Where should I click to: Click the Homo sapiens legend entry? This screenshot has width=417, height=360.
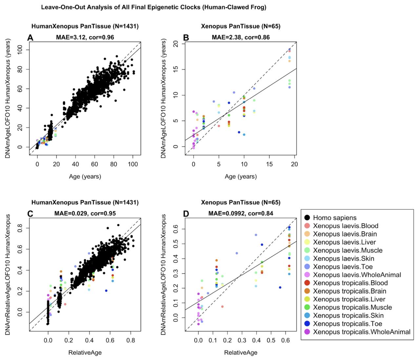(334, 218)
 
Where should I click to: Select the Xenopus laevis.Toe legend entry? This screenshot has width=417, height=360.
(343, 267)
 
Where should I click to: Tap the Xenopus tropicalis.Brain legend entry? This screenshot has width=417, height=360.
(349, 291)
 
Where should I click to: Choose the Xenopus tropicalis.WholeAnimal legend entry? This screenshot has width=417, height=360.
(362, 332)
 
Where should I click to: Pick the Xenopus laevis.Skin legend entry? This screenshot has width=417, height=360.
(344, 258)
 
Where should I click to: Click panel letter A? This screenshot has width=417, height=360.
(30, 38)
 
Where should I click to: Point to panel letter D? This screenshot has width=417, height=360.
(186, 214)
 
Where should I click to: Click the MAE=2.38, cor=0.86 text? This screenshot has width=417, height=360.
(241, 37)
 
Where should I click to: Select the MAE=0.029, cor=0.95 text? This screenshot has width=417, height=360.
(85, 213)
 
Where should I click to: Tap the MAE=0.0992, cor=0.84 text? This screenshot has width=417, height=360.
(241, 213)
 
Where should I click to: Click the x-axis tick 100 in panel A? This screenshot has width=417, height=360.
(133, 164)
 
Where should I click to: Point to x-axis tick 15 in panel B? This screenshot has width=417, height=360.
(269, 164)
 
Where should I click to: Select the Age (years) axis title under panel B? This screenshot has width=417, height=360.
(241, 176)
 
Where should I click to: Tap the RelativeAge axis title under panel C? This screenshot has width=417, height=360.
(85, 353)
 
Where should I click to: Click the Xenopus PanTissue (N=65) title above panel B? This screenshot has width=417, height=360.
(241, 26)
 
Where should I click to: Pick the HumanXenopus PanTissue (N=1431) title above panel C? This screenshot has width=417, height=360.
(85, 203)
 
